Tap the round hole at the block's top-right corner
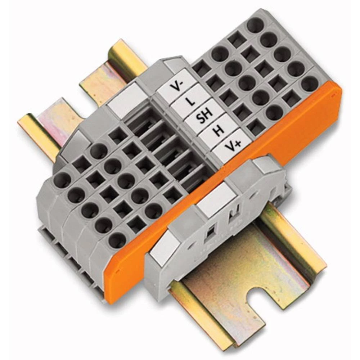click(255, 25)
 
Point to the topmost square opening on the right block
click(237, 40)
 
